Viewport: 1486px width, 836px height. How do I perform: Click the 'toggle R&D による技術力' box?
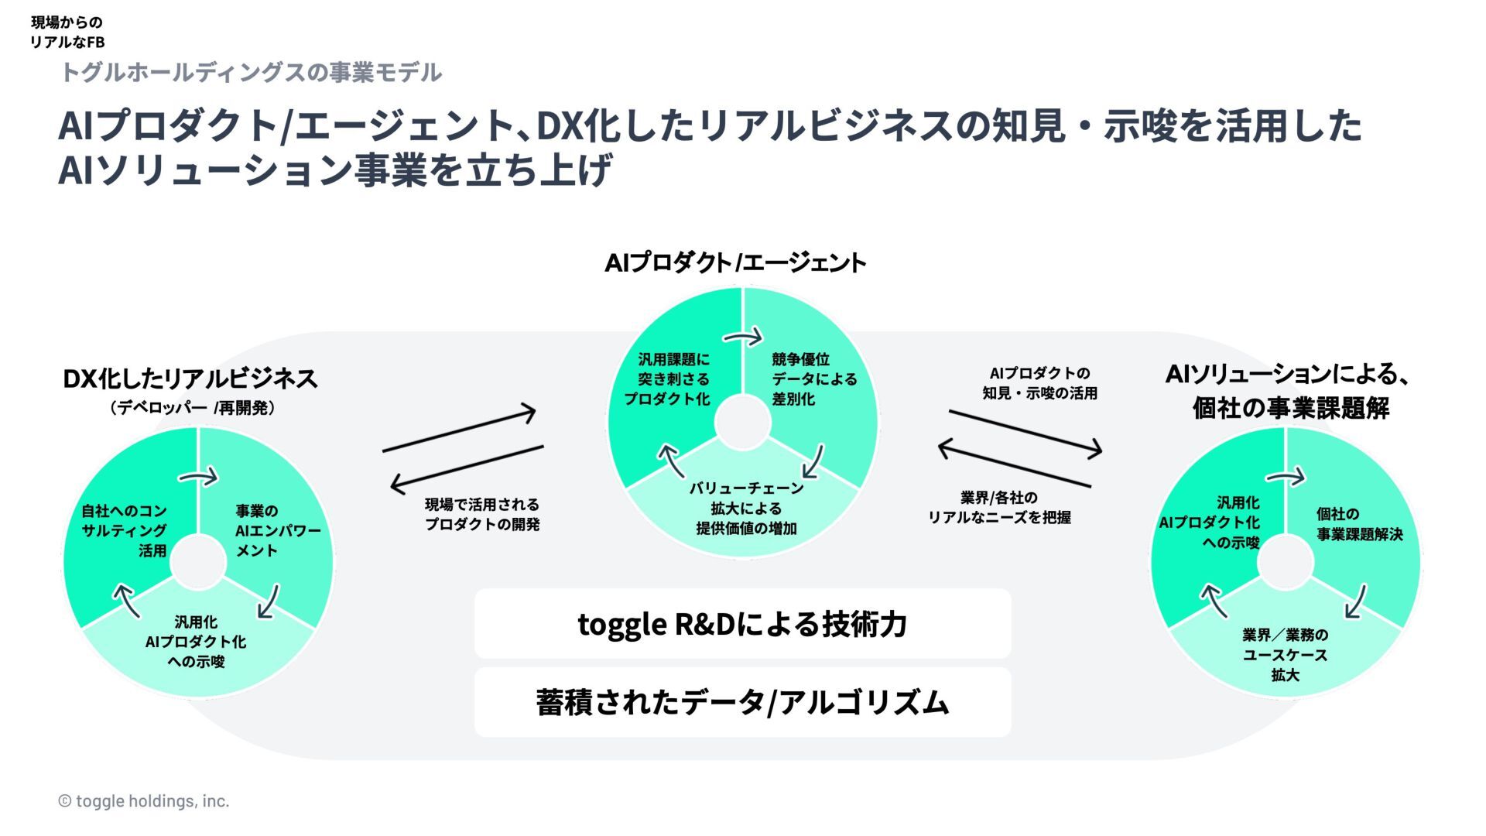742,624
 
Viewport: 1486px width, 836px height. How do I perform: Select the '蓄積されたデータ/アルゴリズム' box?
742,702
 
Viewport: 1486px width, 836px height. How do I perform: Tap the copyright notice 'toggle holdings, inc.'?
144,801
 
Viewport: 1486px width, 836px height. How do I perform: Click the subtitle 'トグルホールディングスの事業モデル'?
250,73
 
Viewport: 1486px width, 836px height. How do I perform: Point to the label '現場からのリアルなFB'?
67,33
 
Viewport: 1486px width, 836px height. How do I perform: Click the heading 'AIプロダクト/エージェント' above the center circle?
735,263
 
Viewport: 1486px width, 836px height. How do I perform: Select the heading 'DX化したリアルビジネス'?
190,379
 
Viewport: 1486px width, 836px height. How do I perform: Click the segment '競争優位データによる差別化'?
813,379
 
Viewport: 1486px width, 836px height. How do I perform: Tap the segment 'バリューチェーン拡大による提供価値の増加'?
746,509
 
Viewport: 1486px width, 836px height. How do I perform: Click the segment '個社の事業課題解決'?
1359,524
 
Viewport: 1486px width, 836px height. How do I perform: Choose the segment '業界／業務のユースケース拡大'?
1285,655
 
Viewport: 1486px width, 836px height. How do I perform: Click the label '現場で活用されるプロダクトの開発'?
482,515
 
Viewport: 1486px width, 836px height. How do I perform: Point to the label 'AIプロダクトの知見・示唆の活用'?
1039,383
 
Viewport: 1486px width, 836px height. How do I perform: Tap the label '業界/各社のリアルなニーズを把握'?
999,508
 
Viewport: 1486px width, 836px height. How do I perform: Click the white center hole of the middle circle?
743,423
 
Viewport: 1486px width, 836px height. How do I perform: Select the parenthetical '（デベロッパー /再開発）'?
193,408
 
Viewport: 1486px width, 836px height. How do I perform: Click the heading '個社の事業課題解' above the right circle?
1290,408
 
